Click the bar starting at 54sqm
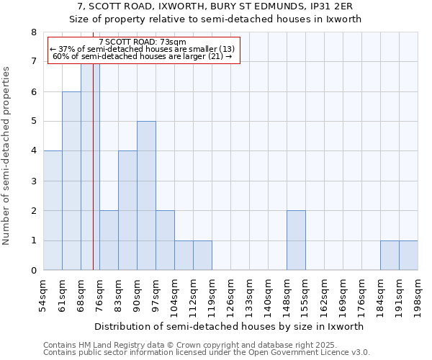[x=53, y=210]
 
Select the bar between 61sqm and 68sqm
[x=71, y=181]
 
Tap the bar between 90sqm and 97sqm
[x=146, y=196]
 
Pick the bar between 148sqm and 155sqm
[x=296, y=240]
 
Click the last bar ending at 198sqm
[x=408, y=256]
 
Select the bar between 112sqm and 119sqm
[x=202, y=256]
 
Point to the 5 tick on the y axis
[x=33, y=122]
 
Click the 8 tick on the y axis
[x=33, y=32]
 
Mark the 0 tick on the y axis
[x=33, y=271]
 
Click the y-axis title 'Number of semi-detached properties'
[x=7, y=156]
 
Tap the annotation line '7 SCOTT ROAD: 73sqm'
[x=143, y=42]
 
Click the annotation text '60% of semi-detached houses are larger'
[x=143, y=56]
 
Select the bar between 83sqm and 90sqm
[x=127, y=210]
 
